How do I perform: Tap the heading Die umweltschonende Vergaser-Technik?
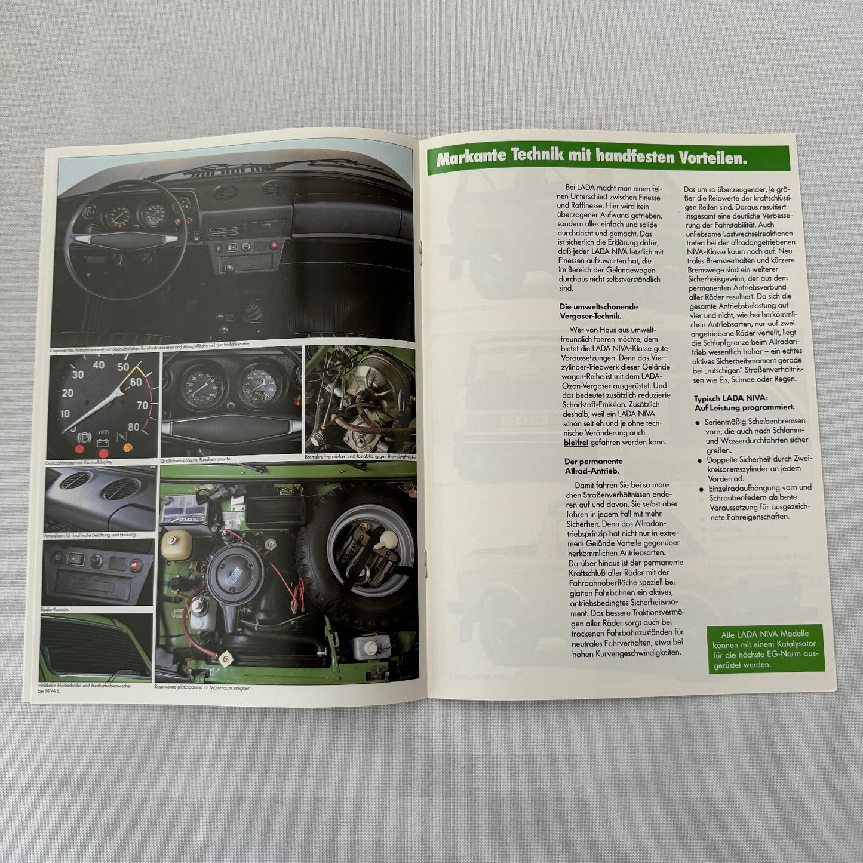tap(598, 311)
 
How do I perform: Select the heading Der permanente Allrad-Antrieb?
tap(594, 466)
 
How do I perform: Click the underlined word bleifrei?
tap(576, 443)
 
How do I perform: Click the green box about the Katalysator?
tap(766, 649)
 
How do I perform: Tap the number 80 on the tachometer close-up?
tap(134, 427)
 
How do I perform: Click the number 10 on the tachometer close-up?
tap(65, 414)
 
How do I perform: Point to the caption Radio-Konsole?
tap(56, 609)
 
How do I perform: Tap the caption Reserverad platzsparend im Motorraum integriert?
tap(203, 687)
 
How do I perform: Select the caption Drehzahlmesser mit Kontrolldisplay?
tap(79, 462)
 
